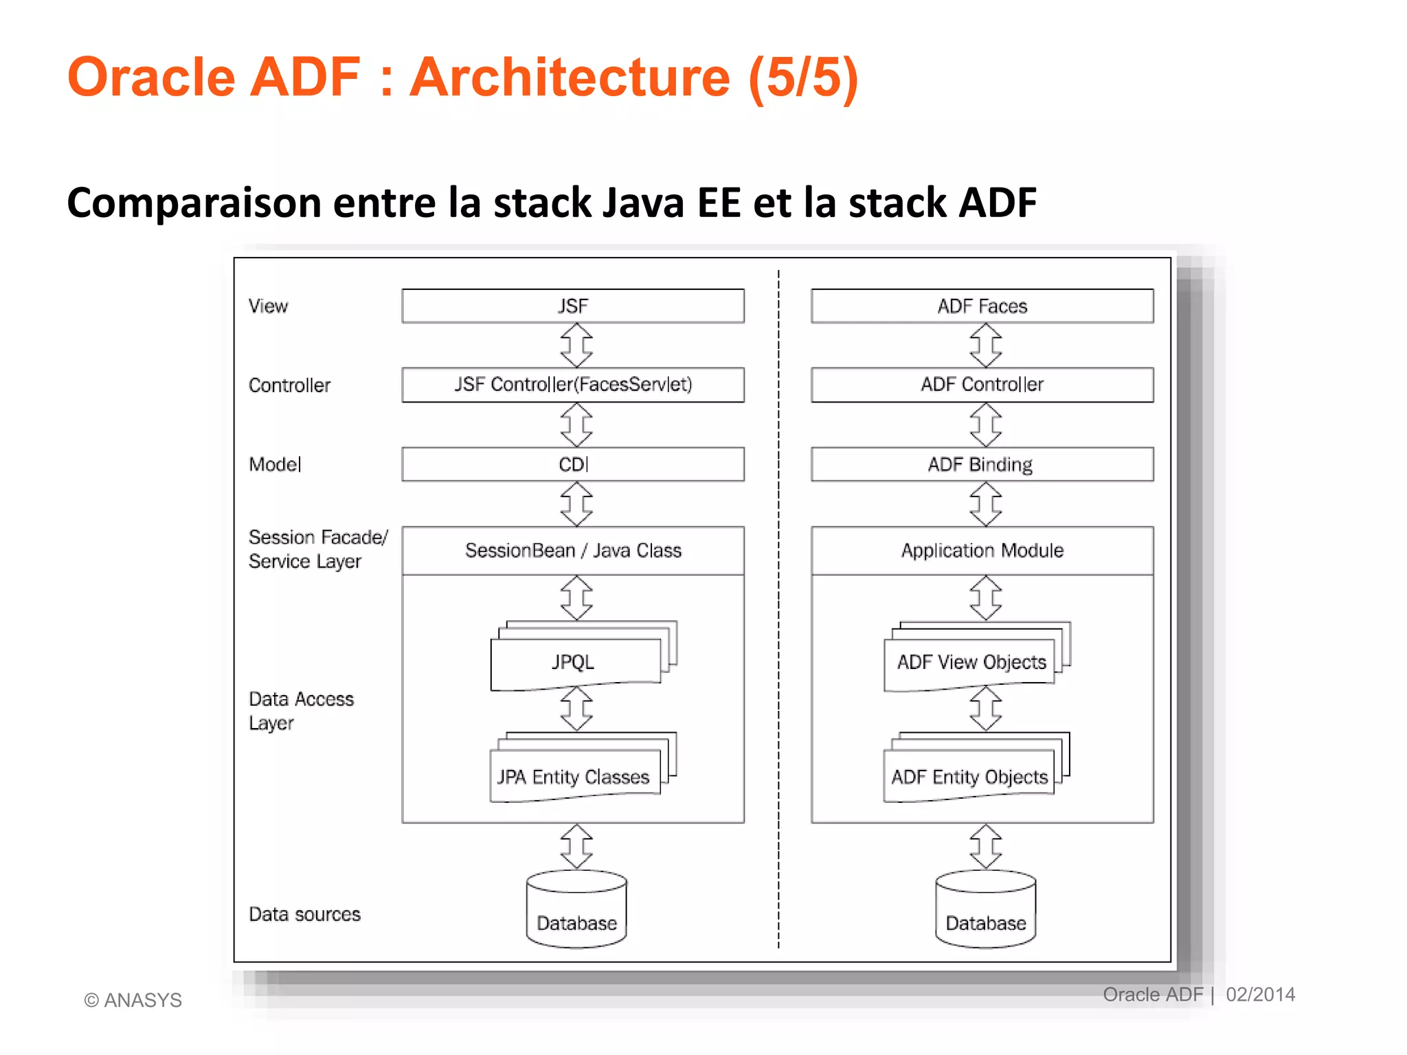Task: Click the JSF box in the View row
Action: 573,306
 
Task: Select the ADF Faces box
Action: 982,306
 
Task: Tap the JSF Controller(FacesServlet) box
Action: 573,385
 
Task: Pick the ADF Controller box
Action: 982,385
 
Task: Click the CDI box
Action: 573,464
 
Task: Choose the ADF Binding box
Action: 982,464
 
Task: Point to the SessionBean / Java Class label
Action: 573,551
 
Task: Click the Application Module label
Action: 982,551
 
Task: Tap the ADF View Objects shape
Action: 971,661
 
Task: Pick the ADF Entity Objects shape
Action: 969,776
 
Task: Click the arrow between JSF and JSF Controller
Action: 576,345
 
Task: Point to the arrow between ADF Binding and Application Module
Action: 985,503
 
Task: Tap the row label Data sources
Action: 304,914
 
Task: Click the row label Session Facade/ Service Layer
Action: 317,549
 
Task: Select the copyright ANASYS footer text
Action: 133,1000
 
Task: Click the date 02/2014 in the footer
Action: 1260,995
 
